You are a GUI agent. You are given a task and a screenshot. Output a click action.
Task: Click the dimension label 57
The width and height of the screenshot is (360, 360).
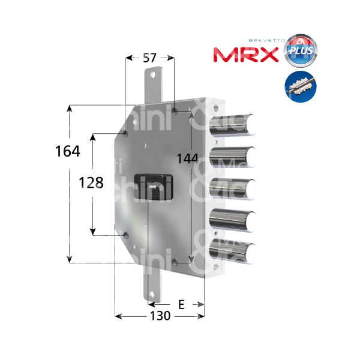tap(150, 58)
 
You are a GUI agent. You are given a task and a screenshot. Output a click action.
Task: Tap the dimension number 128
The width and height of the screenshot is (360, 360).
tap(92, 183)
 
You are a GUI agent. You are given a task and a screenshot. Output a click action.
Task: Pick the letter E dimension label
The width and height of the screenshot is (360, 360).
tap(181, 305)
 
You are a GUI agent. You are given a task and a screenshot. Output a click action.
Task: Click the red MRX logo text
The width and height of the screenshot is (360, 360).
tap(246, 55)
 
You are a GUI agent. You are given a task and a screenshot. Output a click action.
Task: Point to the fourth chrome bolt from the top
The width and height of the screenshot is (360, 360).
tap(234, 220)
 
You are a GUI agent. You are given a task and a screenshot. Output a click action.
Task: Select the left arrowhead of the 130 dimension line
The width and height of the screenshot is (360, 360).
tap(118, 316)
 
